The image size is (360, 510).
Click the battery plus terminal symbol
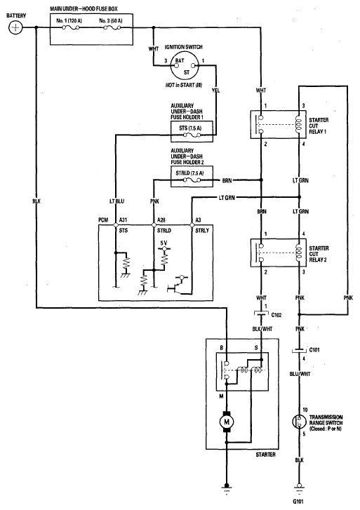point(15,27)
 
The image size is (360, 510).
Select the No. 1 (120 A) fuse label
point(69,21)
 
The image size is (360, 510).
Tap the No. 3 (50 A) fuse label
point(111,21)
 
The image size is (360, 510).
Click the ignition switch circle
point(185,66)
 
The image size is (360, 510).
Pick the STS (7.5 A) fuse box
point(192,131)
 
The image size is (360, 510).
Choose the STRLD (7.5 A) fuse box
point(192,177)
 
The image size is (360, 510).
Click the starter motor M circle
point(227,422)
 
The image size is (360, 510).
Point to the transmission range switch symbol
point(299,422)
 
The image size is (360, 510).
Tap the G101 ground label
point(298,502)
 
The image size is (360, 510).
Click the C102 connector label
point(276,315)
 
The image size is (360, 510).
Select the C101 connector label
point(314,350)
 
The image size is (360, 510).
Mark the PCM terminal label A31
point(123,220)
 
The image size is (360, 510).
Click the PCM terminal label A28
point(161,220)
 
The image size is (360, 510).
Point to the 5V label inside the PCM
point(164,243)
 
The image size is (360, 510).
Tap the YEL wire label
point(216,90)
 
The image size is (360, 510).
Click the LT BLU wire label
point(117,201)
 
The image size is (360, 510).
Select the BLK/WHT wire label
point(262,329)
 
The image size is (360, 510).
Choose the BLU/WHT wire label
point(300,374)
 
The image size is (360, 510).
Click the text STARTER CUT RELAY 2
point(319,254)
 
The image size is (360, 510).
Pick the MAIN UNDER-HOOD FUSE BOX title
point(84,9)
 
